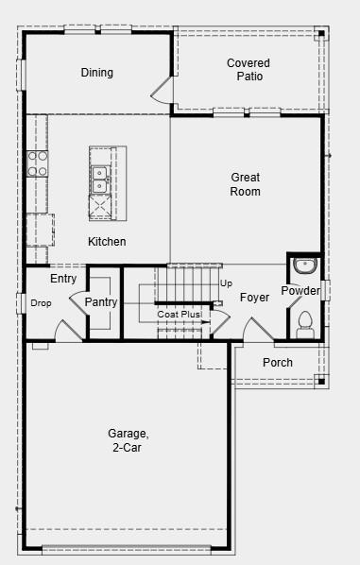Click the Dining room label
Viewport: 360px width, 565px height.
point(96,73)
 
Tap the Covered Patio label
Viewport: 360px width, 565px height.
point(248,70)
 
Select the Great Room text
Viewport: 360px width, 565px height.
point(245,184)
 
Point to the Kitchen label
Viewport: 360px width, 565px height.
point(107,242)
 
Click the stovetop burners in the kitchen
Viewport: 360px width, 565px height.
point(38,163)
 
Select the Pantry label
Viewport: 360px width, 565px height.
point(100,302)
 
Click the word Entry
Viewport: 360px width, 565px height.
point(63,279)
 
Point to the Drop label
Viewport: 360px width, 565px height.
point(41,303)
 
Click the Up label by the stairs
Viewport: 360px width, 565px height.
point(226,283)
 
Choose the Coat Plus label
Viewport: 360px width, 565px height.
point(180,314)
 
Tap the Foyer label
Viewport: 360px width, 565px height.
point(254,298)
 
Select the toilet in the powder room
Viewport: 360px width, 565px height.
point(304,324)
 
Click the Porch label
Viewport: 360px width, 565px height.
point(278,363)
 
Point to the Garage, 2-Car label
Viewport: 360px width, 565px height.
point(128,440)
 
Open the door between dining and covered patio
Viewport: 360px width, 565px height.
point(163,91)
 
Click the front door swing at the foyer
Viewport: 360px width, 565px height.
point(257,331)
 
